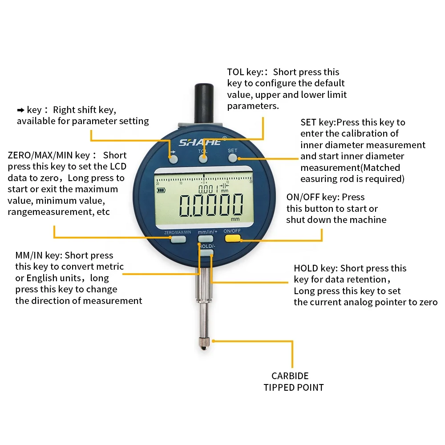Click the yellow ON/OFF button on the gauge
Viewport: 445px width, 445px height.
click(x=232, y=239)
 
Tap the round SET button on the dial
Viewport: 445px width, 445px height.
click(x=233, y=158)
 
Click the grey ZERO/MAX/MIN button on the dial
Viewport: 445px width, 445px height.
click(x=178, y=240)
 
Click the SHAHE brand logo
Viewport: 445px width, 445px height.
click(x=200, y=142)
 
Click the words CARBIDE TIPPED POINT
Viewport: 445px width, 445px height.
click(x=293, y=382)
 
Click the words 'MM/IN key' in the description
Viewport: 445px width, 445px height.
click(x=39, y=255)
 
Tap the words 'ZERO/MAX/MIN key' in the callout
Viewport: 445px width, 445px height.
click(x=49, y=155)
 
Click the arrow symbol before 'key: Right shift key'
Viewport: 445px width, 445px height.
click(x=20, y=110)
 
